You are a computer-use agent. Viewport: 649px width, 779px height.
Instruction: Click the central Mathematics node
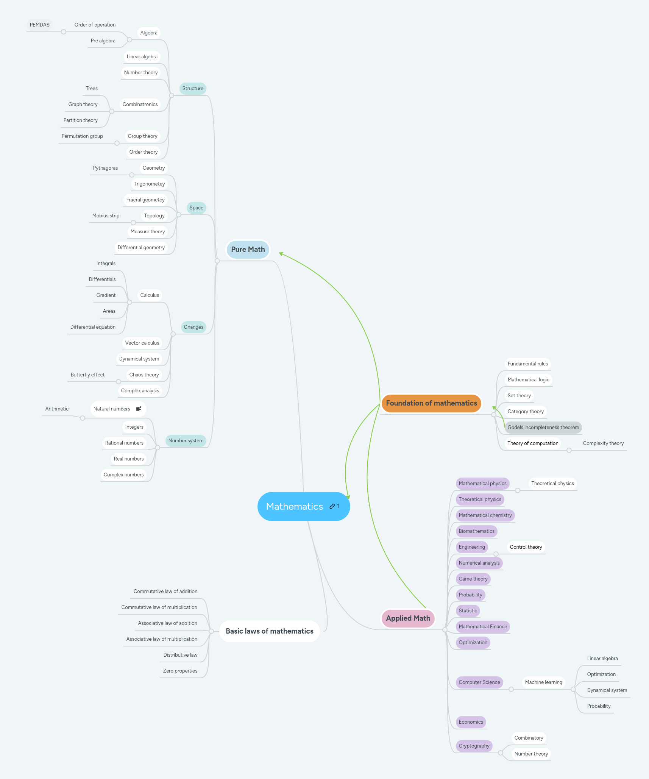[x=295, y=506]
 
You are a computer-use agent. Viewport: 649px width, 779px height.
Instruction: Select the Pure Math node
[x=248, y=249]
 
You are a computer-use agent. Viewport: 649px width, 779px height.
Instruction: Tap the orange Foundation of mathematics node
[x=431, y=403]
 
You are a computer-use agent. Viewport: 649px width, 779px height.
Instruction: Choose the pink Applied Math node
[x=408, y=618]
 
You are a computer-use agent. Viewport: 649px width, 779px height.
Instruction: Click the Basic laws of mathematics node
[x=269, y=631]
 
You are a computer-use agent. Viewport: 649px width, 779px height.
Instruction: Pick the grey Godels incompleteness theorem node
[x=543, y=427]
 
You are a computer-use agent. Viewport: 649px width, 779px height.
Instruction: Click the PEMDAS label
[x=39, y=25]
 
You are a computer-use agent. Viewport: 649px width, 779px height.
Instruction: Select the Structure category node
[x=193, y=88]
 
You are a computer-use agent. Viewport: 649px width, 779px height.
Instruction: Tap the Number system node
[x=186, y=440]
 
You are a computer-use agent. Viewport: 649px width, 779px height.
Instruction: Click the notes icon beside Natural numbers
[x=139, y=409]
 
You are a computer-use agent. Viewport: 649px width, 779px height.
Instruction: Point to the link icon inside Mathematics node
[x=332, y=506]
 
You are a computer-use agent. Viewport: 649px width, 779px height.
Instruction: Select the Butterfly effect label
[x=87, y=375]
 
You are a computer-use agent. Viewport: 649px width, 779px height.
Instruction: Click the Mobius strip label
[x=106, y=215]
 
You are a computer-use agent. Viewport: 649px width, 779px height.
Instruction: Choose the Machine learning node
[x=543, y=682]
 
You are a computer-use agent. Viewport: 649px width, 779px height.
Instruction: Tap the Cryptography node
[x=474, y=746]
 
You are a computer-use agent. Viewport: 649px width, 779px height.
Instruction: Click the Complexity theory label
[x=603, y=443]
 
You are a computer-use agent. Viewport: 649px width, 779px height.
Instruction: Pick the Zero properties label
[x=180, y=671]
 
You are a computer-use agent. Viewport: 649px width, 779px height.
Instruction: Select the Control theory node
[x=526, y=547]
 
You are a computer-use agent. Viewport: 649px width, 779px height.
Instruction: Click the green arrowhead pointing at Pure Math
[x=281, y=253]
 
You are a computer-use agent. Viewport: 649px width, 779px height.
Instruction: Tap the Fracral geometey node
[x=145, y=200]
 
